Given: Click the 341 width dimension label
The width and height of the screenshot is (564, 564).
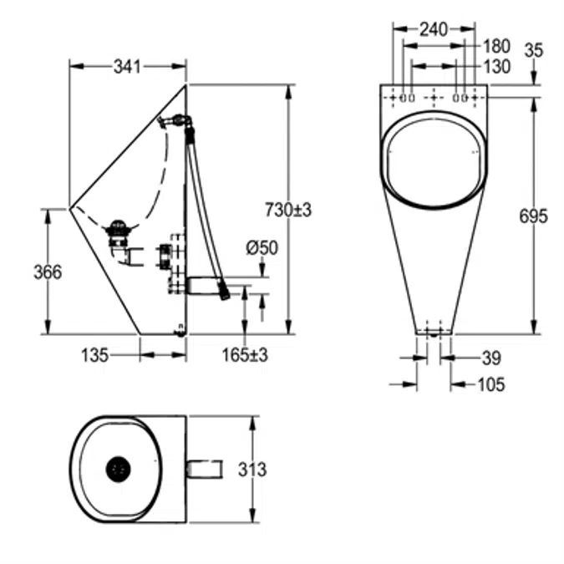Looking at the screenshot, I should (128, 64).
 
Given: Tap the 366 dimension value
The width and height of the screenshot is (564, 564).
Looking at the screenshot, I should (47, 272).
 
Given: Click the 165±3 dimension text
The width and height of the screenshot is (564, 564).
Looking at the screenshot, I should (246, 356).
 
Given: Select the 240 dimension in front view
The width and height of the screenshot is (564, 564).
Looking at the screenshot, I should (433, 29).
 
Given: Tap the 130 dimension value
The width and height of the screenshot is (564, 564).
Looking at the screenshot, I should (495, 67).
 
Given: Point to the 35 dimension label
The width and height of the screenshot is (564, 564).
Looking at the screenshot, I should (534, 50).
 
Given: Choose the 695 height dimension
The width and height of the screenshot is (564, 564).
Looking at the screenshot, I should (533, 216).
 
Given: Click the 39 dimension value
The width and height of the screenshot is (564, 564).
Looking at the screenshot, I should (491, 358).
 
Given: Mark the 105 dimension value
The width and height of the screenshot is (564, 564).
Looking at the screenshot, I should (491, 384).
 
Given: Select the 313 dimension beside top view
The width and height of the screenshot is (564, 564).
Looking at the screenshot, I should (252, 470).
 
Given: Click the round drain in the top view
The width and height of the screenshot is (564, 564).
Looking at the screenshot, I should (119, 469).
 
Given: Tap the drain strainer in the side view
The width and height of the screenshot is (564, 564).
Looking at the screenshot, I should (119, 226).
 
